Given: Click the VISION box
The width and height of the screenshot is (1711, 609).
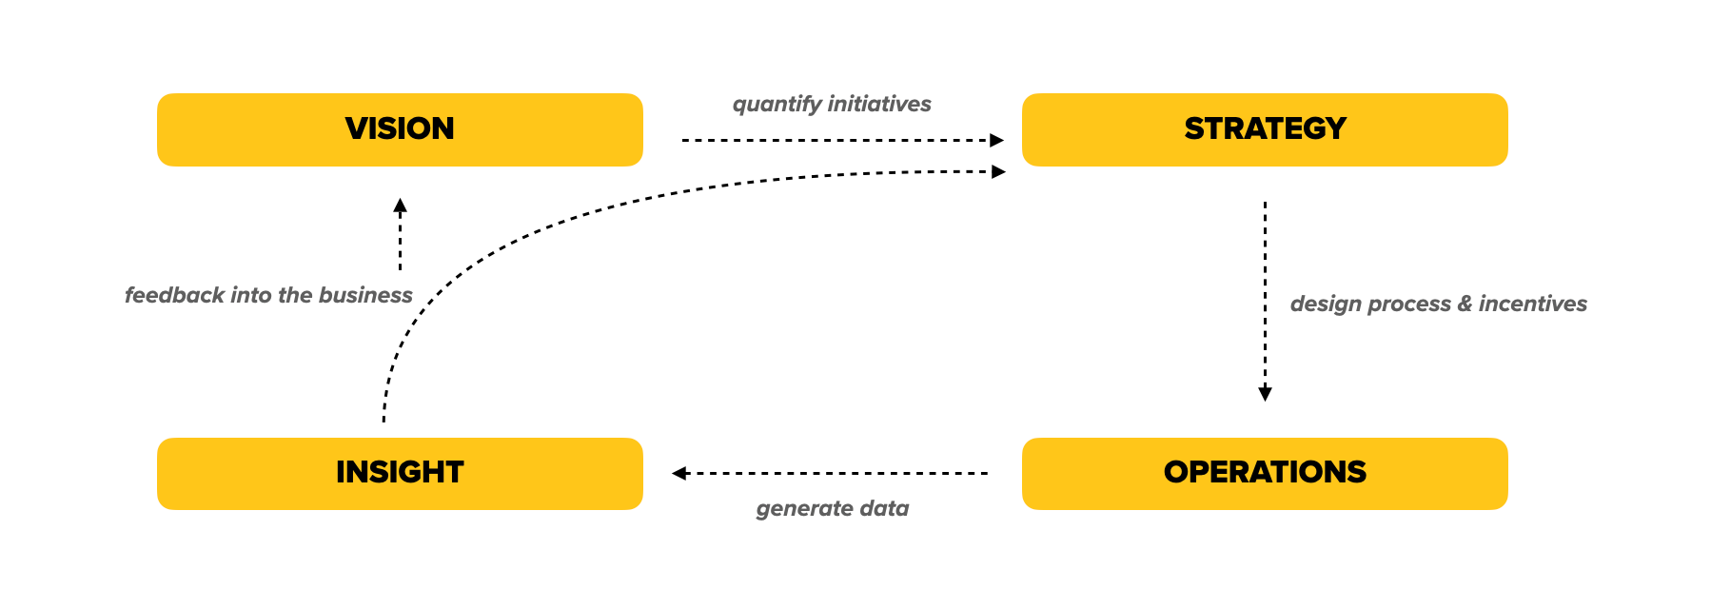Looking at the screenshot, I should point(400,129).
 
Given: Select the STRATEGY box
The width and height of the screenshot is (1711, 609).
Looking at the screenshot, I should point(1264,129).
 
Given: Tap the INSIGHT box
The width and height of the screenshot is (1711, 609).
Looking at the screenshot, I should point(400,473).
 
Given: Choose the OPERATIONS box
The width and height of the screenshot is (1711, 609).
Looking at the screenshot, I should point(1264,473).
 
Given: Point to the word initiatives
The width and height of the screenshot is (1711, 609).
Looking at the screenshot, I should point(879,104).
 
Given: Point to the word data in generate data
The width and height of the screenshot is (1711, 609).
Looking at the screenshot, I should point(884,508).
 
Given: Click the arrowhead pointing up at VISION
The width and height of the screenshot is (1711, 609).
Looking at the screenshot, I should point(400,205).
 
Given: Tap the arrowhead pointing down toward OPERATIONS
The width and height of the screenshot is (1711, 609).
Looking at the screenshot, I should point(1265,394).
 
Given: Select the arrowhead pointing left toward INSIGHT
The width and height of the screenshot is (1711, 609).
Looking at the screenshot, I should point(679,473).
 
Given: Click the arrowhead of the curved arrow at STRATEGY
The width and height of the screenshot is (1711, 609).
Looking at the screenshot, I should point(998,171).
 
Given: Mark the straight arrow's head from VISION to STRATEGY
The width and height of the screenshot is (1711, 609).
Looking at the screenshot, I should point(996,140).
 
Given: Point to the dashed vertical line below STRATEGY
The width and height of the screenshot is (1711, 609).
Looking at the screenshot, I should point(1265,285).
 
